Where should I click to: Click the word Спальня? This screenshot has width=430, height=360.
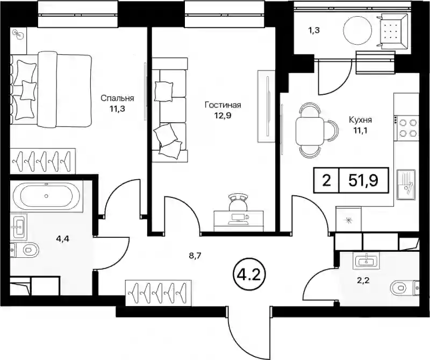click(x=117, y=98)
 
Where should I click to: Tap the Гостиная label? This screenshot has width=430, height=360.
click(x=223, y=105)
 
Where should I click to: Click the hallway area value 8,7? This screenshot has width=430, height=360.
click(x=195, y=257)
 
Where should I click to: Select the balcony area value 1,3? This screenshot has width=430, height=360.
click(x=314, y=31)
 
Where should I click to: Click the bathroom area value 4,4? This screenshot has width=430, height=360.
click(x=62, y=239)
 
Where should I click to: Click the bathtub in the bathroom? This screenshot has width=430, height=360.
click(x=46, y=196)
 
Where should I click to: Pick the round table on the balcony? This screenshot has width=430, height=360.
click(x=358, y=31)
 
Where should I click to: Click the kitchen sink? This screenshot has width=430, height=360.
click(x=406, y=185)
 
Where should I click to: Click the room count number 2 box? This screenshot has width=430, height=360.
click(x=326, y=181)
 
